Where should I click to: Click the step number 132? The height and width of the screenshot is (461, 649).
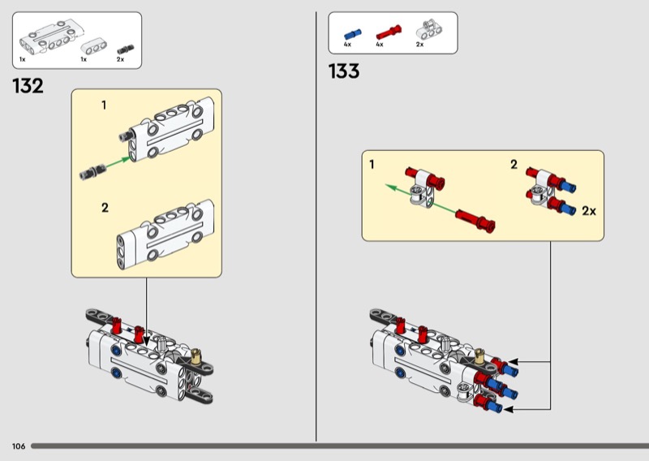tap(28, 86)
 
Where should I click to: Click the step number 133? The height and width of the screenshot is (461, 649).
tap(344, 71)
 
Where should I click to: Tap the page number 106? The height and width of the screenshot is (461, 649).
tap(19, 446)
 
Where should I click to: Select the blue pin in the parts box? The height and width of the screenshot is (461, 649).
tap(352, 33)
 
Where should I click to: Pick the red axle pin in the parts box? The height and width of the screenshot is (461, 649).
tap(387, 33)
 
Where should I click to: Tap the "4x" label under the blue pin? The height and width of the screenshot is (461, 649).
tap(347, 45)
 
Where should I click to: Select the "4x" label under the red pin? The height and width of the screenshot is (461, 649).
tap(380, 45)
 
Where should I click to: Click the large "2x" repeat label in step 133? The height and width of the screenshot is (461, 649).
tap(589, 211)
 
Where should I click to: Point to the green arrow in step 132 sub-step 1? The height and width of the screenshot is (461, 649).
tap(118, 158)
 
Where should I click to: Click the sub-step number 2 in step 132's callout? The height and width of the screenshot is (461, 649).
tap(104, 208)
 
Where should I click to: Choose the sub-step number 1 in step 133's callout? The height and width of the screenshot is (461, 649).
tap(372, 165)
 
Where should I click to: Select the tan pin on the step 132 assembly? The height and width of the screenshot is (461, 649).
tap(196, 355)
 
